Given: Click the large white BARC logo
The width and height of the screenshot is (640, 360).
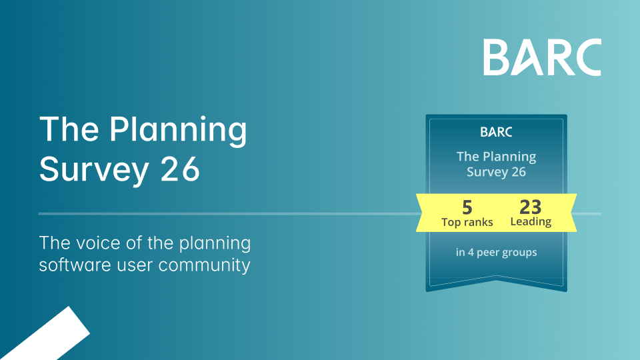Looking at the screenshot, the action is tap(542, 57).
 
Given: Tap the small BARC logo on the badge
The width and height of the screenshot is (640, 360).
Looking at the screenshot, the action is tap(496, 132).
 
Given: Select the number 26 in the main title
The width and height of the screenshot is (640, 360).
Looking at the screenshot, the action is tap(180, 169).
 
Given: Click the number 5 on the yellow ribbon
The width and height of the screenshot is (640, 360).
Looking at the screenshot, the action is tap(467, 207).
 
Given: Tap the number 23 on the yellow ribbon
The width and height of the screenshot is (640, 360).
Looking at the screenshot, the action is tap(531, 207).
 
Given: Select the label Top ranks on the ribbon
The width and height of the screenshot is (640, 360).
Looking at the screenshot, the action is tap(467, 223).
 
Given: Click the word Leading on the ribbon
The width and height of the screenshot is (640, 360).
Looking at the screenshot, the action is tap(531, 221).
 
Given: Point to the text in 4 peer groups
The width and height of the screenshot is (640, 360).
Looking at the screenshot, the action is tap(496, 253).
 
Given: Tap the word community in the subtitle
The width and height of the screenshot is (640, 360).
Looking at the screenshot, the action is tap(204, 266).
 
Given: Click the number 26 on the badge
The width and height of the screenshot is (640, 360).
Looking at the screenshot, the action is tap(519, 172).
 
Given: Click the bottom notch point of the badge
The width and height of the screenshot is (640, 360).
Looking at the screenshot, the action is tap(496, 279).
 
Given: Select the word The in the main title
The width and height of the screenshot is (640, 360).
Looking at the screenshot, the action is tap(69, 130).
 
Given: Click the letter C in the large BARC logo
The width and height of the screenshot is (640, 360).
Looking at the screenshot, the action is tap(587, 57).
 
